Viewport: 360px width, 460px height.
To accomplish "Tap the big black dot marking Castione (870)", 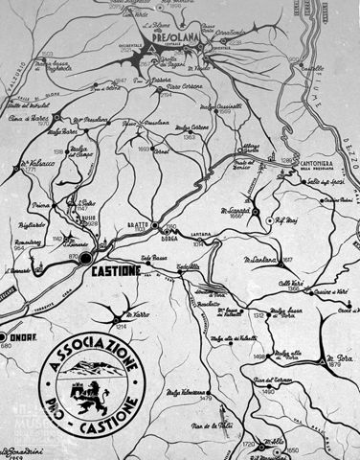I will [x=85, y=258].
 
